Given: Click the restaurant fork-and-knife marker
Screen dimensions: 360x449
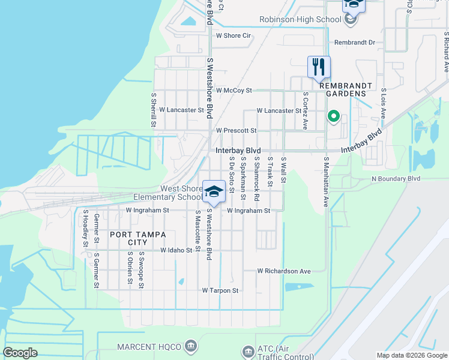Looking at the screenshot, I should [x=319, y=67].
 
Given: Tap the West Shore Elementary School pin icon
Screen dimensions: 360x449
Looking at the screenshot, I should [x=213, y=191].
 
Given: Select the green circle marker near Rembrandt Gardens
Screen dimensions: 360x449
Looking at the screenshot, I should [x=333, y=116].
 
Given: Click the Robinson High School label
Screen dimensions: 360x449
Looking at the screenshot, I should [x=300, y=20].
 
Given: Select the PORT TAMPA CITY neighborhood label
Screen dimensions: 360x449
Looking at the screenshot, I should [x=128, y=238].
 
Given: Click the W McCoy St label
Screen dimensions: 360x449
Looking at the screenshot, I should [x=234, y=91].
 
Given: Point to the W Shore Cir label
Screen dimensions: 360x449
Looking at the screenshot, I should [x=233, y=36].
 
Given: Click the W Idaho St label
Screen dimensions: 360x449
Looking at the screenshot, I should [x=176, y=250].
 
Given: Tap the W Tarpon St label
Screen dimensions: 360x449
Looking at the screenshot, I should [x=220, y=290].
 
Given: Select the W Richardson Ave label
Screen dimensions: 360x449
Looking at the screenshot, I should [x=284, y=271].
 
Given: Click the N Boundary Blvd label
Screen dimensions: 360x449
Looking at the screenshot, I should [x=396, y=179].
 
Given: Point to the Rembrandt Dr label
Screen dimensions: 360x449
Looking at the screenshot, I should [x=354, y=43].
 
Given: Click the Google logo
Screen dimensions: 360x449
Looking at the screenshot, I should [x=20, y=353].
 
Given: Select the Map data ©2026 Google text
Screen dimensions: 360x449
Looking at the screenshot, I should [x=411, y=355].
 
